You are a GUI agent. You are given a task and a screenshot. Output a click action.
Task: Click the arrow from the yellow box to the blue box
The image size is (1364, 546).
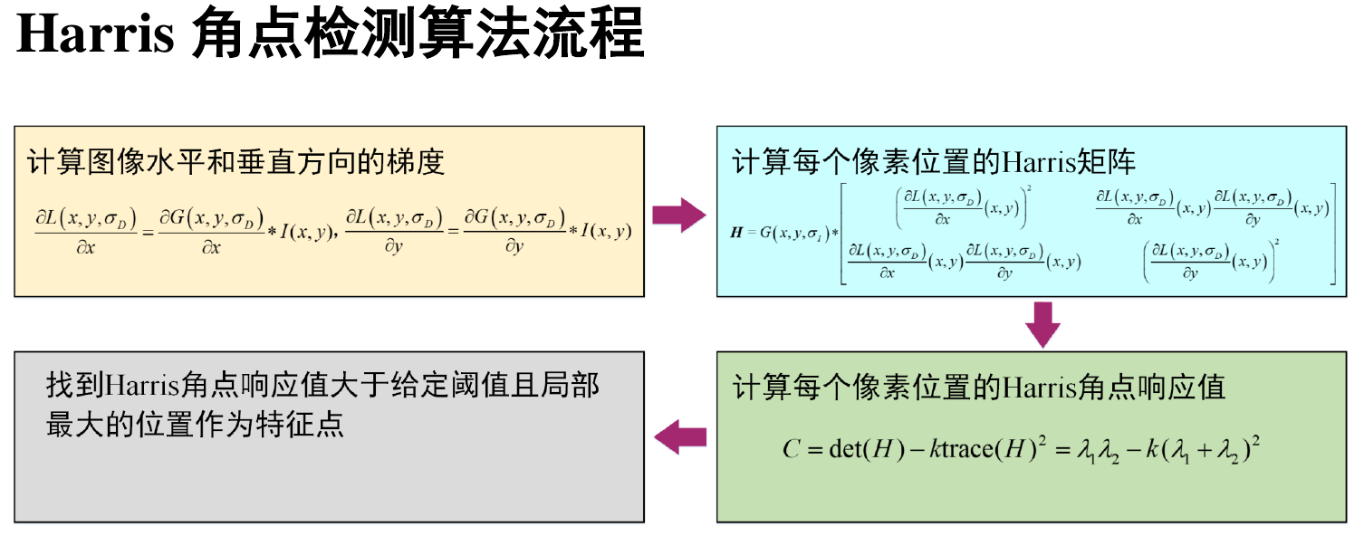coord(679,216)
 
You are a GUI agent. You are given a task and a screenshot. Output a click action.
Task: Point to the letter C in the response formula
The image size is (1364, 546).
coord(790,449)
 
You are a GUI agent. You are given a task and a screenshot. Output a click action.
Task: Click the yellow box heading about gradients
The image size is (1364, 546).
coord(235,163)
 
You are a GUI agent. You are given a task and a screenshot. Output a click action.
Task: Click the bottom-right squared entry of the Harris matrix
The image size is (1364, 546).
coord(1212,261)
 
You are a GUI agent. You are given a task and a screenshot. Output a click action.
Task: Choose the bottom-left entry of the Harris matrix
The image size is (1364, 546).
coord(964,261)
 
